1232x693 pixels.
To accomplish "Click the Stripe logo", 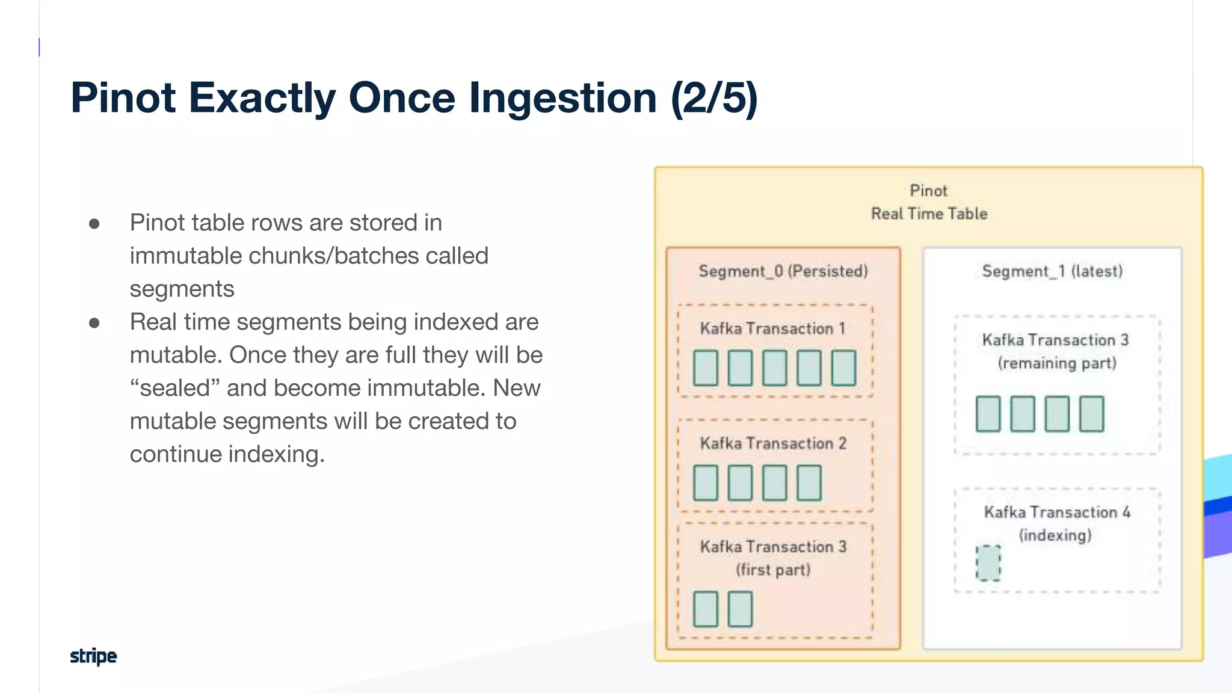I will (93, 656).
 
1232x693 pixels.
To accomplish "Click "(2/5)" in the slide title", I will (714, 98).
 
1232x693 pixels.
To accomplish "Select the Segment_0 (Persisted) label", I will (783, 271).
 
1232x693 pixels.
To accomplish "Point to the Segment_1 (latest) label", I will (1052, 271).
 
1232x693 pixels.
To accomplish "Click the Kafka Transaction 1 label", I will (772, 328).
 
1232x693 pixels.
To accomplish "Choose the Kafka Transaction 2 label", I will (773, 443).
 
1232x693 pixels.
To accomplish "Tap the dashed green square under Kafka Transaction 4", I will (988, 563).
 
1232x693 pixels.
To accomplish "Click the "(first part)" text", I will (773, 569).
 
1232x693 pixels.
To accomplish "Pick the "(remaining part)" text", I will (1057, 363).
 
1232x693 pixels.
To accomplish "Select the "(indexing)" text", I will (1055, 535).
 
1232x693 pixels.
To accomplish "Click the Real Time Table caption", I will (929, 214).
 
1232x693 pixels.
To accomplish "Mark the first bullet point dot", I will (94, 224).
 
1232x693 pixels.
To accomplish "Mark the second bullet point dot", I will (94, 323).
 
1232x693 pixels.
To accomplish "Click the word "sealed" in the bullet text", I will (175, 388).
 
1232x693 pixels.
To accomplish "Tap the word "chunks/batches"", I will (333, 256).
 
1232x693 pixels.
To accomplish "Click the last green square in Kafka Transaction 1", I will (843, 368).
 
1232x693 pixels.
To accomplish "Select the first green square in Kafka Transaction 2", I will (705, 482).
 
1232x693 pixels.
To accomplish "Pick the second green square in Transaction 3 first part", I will (740, 609).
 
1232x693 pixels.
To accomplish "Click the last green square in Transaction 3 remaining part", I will (1091, 414).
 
